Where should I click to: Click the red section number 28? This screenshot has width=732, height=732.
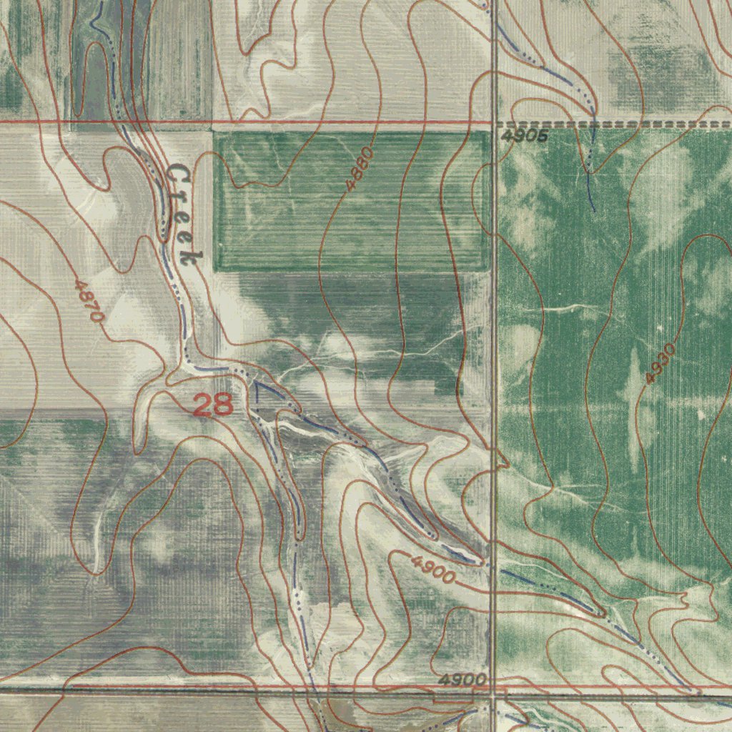coord(213,405)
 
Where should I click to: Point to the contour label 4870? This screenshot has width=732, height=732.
coord(90,300)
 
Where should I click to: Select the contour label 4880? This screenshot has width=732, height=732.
coord(360,168)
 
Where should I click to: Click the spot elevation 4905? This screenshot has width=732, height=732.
coord(524,136)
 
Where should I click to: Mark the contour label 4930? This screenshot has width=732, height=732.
coord(659,363)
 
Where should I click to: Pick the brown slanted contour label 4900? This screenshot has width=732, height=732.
coord(433,569)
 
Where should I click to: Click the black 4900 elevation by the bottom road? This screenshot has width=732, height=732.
coord(463,679)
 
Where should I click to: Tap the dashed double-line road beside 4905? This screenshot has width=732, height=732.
coord(615,124)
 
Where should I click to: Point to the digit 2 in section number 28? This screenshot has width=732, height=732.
coord(203,405)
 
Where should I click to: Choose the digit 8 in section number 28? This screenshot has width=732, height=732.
coord(223,405)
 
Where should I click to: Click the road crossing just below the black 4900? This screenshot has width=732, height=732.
coord(493,692)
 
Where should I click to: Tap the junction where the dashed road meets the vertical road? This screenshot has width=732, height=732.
coord(494,124)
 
